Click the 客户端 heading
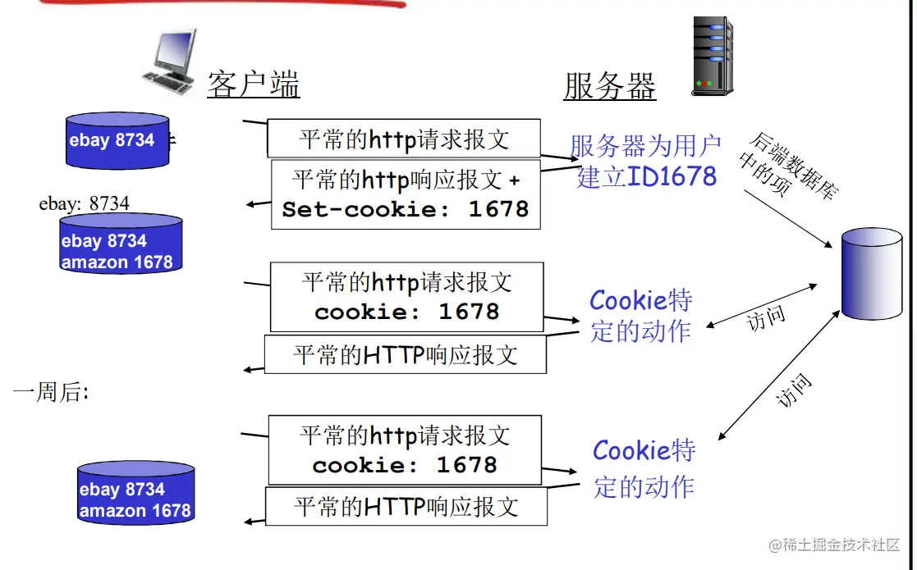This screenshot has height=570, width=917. [253, 84]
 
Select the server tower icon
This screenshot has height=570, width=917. [711, 57]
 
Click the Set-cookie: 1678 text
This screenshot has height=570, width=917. [406, 209]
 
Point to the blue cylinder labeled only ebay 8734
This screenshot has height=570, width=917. [117, 141]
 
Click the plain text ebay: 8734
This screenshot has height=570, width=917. [84, 203]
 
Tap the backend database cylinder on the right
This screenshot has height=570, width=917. [872, 273]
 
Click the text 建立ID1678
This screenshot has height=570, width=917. [647, 176]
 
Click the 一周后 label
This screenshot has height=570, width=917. [50, 393]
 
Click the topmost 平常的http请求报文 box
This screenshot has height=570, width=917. [404, 139]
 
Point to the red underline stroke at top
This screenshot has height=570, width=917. [222, 4]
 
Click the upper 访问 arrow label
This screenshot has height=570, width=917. [766, 319]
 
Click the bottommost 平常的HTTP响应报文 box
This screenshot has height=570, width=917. [406, 506]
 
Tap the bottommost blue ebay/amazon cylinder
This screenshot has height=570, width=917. [135, 492]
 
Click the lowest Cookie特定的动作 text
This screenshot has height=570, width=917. [644, 468]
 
